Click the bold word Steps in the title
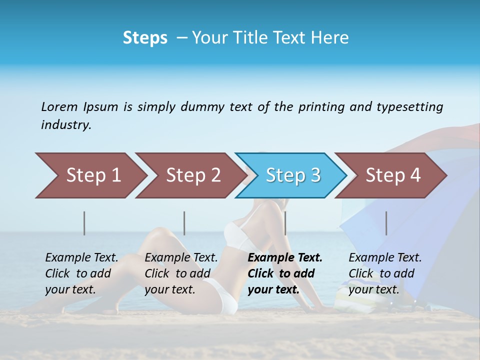click(x=145, y=38)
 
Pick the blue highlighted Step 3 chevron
click(x=293, y=175)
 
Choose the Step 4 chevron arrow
click(x=393, y=175)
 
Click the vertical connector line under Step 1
click(x=84, y=223)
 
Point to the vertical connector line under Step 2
click(x=184, y=223)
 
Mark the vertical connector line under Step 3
click(x=285, y=223)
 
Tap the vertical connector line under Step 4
click(x=386, y=223)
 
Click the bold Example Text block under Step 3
click(x=285, y=273)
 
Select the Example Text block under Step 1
click(x=81, y=273)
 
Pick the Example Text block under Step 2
click(x=181, y=273)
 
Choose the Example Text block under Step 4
click(x=385, y=273)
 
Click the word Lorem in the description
click(x=59, y=106)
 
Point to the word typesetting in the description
click(x=409, y=106)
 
